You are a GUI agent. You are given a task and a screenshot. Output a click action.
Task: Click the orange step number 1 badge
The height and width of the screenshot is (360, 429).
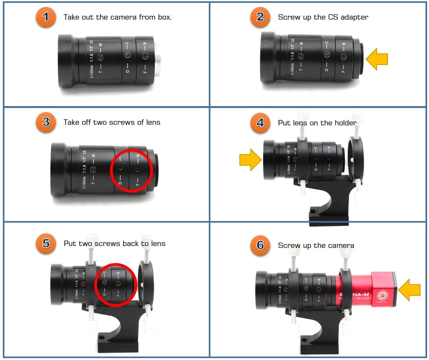pyautogui.click(x=46, y=17)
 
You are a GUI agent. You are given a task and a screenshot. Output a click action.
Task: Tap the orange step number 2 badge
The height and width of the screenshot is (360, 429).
pyautogui.click(x=260, y=17)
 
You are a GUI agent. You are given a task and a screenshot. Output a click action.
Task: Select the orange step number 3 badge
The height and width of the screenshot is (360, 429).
pyautogui.click(x=46, y=122)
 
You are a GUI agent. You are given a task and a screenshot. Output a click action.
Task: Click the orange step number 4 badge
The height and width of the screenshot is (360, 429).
pyautogui.click(x=260, y=123)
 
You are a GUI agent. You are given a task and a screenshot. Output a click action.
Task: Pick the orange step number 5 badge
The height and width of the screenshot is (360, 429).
pyautogui.click(x=46, y=243)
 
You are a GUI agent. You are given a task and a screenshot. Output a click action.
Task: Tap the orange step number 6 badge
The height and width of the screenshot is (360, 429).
pyautogui.click(x=260, y=245)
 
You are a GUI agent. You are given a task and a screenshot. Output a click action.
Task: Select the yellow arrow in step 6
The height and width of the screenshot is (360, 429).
pyautogui.click(x=409, y=290)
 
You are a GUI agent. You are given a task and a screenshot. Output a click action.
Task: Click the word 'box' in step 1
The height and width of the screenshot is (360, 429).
pyautogui.click(x=164, y=17)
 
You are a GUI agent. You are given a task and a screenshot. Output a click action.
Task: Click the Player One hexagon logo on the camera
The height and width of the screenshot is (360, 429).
pyautogui.click(x=382, y=296)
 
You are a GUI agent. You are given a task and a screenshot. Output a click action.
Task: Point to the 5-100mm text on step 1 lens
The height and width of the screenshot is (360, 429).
pyautogui.click(x=92, y=71)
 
